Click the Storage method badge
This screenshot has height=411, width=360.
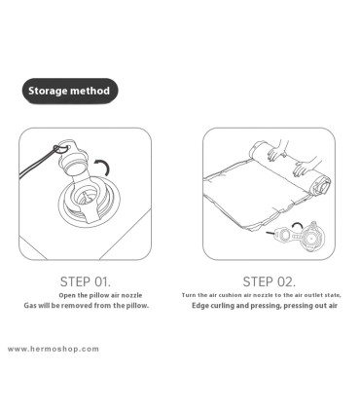pyautogui.click(x=70, y=91)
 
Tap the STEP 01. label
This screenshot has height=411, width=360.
pyautogui.click(x=86, y=281)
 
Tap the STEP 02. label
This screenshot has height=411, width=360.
pyautogui.click(x=270, y=281)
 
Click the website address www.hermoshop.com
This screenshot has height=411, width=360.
pyautogui.click(x=54, y=350)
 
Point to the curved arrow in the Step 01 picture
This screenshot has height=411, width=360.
pyautogui.click(x=106, y=165)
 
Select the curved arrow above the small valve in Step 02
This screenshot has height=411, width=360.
pyautogui.click(x=298, y=225)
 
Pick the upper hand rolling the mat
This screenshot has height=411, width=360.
pyautogui.click(x=278, y=150)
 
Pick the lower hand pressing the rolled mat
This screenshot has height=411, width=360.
pyautogui.click(x=305, y=167)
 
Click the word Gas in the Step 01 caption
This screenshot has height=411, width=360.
pyautogui.click(x=30, y=306)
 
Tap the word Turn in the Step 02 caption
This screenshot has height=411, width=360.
pyautogui.click(x=189, y=295)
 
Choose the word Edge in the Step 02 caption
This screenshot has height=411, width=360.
pyautogui.click(x=200, y=306)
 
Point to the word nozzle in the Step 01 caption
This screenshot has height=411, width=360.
pyautogui.click(x=131, y=295)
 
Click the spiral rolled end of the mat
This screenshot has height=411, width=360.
pyautogui.click(x=320, y=186)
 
